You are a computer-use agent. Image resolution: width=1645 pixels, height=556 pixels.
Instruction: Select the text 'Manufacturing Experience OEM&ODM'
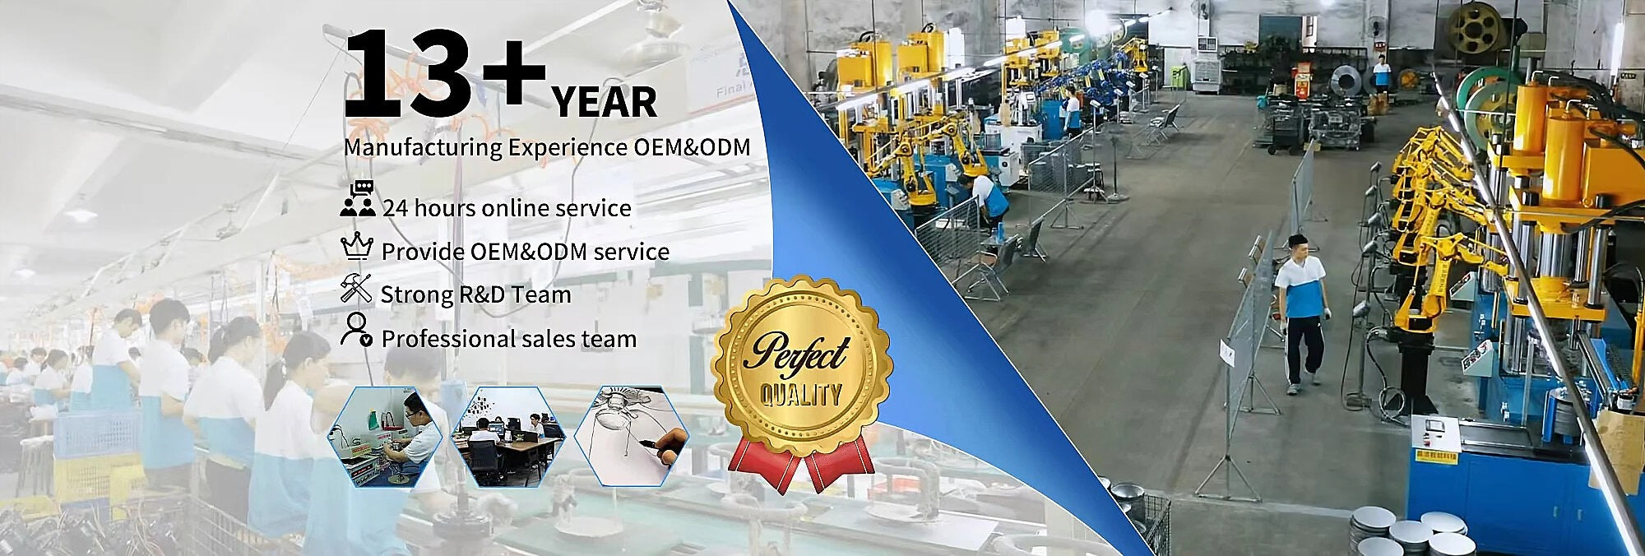547,148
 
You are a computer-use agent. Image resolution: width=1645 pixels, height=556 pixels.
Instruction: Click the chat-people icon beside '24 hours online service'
358,199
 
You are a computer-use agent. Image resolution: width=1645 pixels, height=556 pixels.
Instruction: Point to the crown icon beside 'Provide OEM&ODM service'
357,246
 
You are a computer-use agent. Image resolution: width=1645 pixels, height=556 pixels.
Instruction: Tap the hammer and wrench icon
356,289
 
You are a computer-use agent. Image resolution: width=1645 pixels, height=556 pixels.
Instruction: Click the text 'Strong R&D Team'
475,294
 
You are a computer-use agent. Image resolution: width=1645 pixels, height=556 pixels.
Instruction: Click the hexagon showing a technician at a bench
385,436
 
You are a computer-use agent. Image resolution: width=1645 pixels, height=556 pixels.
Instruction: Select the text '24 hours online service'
507,207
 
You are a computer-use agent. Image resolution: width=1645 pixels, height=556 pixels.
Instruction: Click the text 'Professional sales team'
509,338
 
